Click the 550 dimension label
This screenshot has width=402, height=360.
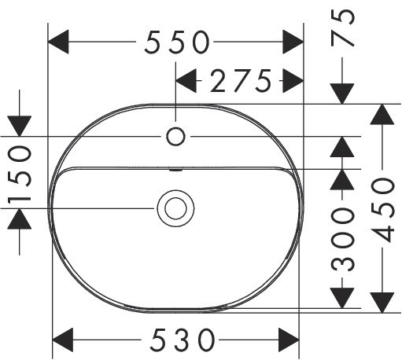coord(177,42)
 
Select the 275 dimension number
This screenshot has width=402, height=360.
coord(241,81)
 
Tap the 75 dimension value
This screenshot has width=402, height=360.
coord(342,28)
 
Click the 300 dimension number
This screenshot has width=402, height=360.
coord(343,239)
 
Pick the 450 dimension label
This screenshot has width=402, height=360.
coord(382,210)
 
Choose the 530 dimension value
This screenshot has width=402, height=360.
coord(183,340)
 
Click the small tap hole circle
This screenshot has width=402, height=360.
coord(175,136)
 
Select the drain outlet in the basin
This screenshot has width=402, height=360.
coord(175,208)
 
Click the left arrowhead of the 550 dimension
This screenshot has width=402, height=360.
coord(58,42)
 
